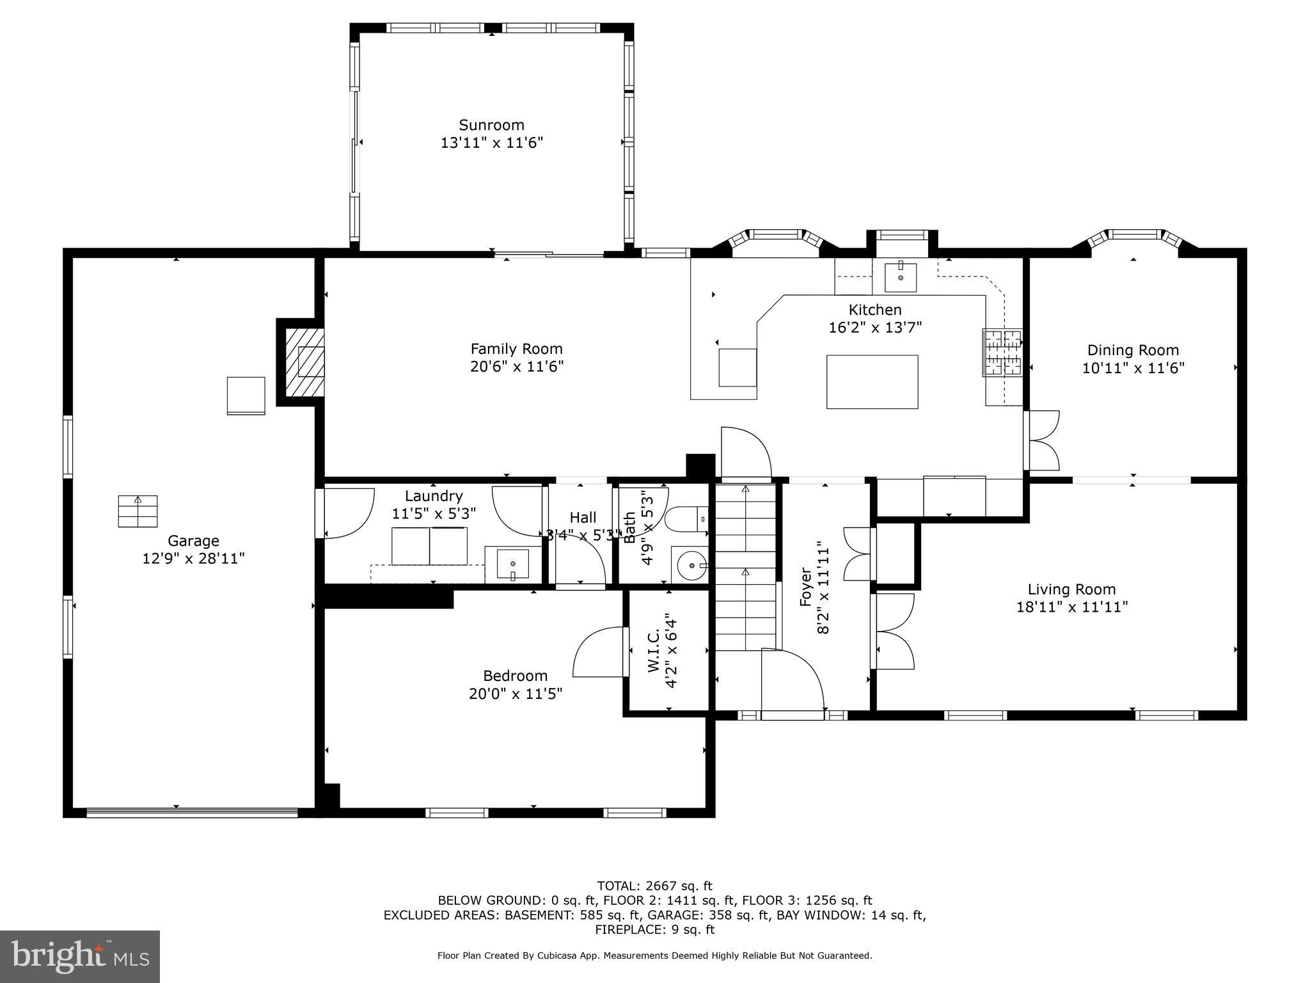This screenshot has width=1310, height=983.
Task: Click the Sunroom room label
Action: [491, 125]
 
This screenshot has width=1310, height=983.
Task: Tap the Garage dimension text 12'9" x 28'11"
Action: [193, 559]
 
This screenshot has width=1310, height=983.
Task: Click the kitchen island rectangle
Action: [872, 382]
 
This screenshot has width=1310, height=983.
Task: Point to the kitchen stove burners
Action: [1002, 352]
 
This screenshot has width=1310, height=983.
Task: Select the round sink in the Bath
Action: [690, 565]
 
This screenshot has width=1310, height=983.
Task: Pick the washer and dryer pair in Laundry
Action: [429, 546]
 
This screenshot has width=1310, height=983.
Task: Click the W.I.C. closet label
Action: [654, 651]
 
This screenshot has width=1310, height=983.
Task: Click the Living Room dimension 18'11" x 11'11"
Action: [1072, 607]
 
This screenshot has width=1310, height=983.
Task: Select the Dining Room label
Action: [1133, 350]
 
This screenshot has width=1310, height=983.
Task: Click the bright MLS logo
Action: [80, 956]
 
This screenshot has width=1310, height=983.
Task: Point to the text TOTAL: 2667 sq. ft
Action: [654, 886]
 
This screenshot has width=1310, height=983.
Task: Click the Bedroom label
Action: [515, 676]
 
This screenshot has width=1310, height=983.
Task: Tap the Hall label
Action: [583, 517]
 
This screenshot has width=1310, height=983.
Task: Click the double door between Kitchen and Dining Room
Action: [1041, 441]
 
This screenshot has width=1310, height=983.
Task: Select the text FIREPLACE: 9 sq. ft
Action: [654, 929]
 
